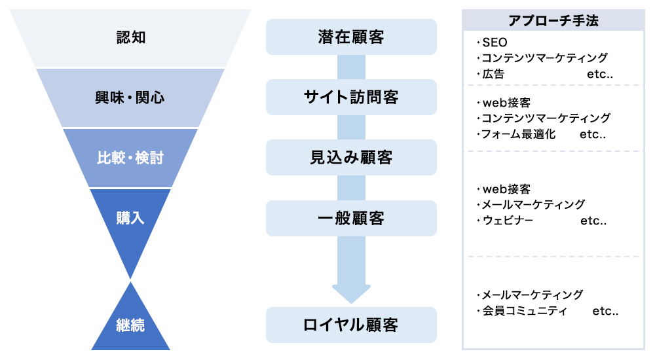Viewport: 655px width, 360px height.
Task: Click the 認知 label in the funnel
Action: (x=131, y=37)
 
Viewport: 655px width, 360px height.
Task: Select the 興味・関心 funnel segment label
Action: (x=130, y=98)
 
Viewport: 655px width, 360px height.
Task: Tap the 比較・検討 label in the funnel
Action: (x=130, y=158)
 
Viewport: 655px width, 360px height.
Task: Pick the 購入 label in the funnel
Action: (x=130, y=218)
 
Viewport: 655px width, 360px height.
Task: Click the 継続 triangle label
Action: (x=130, y=325)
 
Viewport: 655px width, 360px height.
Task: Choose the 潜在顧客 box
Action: (x=351, y=37)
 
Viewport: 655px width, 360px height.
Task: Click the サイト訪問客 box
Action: (x=351, y=98)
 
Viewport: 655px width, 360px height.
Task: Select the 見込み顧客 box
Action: (x=351, y=158)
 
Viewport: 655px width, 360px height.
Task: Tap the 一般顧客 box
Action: (x=351, y=218)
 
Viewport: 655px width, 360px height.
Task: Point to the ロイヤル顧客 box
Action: (x=351, y=325)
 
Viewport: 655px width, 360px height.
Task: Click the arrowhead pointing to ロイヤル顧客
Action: (x=351, y=294)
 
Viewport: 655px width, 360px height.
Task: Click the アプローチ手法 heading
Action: (x=553, y=20)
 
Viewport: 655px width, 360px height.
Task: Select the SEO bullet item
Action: (x=492, y=43)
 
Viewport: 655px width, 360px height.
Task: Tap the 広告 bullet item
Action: (x=491, y=74)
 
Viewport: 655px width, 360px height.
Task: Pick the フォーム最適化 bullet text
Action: (x=516, y=134)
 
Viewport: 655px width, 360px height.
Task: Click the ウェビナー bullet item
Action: (x=504, y=221)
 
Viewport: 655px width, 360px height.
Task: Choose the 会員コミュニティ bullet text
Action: (x=522, y=311)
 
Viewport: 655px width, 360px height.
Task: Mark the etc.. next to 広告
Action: (x=600, y=75)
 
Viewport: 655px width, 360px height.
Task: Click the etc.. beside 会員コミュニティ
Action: (x=605, y=311)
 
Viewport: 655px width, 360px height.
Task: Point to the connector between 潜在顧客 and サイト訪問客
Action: (x=351, y=67)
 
